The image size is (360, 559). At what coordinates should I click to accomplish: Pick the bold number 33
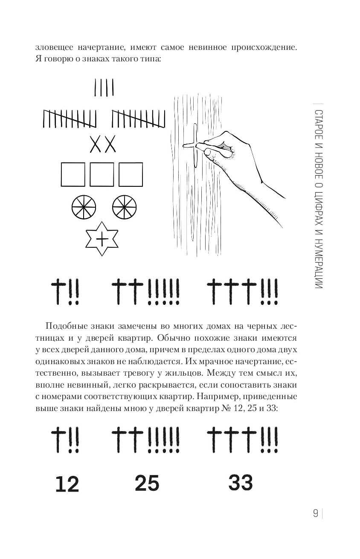(x=241, y=482)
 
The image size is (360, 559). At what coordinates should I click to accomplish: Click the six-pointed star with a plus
(x=102, y=239)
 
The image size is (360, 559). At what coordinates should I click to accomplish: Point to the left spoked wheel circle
(x=84, y=207)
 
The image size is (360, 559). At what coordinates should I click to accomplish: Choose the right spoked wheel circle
(x=124, y=207)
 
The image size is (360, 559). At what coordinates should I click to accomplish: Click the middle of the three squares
(x=102, y=174)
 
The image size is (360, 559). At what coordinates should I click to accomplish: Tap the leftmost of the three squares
(x=73, y=174)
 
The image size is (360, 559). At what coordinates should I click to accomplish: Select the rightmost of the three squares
(x=131, y=174)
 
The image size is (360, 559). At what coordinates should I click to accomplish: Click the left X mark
(x=96, y=144)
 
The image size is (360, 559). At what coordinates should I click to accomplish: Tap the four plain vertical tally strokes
(x=104, y=87)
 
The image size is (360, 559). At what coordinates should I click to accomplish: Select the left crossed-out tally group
(x=70, y=119)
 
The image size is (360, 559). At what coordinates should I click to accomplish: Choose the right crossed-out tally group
(x=138, y=119)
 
